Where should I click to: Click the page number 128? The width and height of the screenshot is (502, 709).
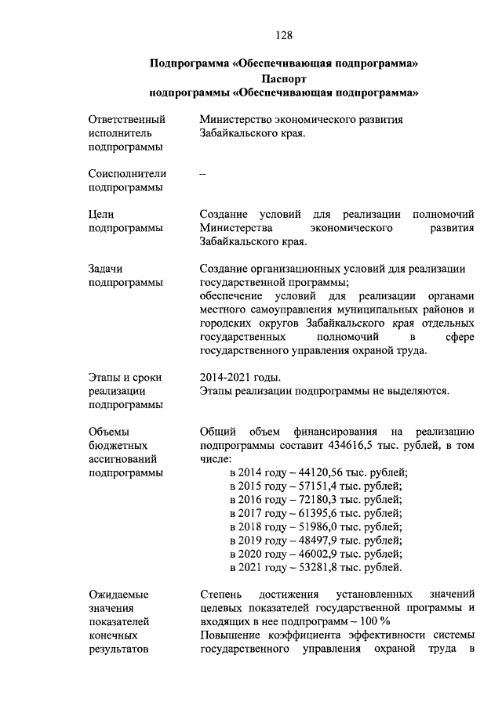tap(283, 34)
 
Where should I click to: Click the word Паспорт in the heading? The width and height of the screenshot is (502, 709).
tap(283, 79)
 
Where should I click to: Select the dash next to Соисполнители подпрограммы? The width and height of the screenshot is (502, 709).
tap(203, 174)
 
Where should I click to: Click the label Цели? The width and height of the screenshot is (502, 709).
tap(102, 214)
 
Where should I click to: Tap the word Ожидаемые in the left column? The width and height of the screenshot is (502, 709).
tap(118, 595)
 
